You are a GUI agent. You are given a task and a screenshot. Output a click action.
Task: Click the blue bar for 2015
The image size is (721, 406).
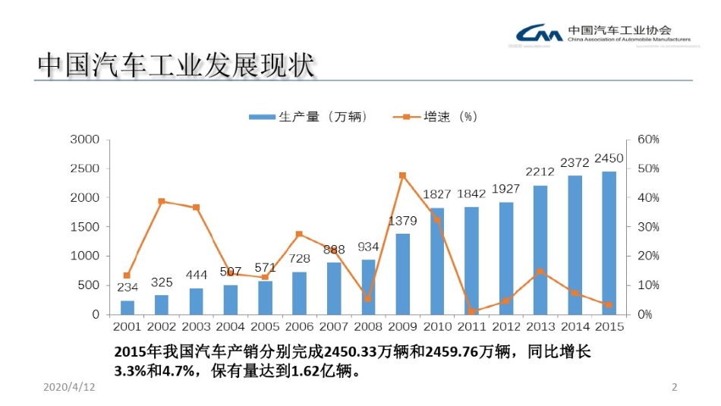pos(609,243)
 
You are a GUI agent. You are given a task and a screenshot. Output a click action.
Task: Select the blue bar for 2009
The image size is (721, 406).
pos(402,274)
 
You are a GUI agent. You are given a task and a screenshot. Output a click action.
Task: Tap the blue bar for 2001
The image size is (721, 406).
pos(127,307)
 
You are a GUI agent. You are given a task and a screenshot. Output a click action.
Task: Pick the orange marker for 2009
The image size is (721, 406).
pos(402,175)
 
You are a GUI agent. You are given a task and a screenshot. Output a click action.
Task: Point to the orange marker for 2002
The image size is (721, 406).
pos(162,201)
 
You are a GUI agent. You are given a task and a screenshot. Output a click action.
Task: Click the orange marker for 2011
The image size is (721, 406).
pos(471,311)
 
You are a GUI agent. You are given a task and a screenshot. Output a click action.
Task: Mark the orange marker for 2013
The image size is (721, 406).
pos(540,271)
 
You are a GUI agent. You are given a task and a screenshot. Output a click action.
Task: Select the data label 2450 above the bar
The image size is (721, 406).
pos(609,159)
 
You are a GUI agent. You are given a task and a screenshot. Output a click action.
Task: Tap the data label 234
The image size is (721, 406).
pos(127,288)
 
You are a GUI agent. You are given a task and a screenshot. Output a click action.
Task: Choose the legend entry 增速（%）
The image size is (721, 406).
pos(436,117)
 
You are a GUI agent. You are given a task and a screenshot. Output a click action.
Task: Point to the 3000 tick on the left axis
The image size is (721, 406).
pos(85,140)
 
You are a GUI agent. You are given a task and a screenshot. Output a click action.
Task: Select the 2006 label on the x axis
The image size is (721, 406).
pos(299,327)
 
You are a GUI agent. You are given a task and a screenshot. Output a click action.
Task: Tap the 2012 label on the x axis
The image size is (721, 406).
pos(505,327)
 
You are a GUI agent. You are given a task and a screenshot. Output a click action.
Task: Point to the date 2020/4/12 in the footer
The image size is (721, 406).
pos(69,388)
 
